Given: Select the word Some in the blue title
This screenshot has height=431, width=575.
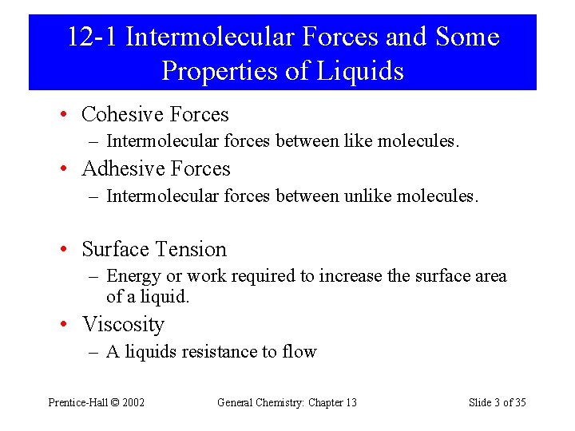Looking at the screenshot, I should (467, 37).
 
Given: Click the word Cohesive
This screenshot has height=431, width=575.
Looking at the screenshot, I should (121, 115).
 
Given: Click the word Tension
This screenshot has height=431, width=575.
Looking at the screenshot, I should (192, 250).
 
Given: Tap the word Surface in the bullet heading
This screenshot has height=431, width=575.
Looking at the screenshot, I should (117, 250).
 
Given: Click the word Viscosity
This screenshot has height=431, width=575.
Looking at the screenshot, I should (123, 325).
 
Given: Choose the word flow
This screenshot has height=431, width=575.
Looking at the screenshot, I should (299, 352).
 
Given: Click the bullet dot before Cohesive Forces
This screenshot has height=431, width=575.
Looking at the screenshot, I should (63, 116).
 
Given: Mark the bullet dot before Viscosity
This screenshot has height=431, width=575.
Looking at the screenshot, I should (63, 326).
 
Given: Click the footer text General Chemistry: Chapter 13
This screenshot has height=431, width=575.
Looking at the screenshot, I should (287, 402).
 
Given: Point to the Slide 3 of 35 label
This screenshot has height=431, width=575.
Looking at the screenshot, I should (497, 402).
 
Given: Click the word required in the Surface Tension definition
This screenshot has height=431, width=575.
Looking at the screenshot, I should (263, 276).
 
